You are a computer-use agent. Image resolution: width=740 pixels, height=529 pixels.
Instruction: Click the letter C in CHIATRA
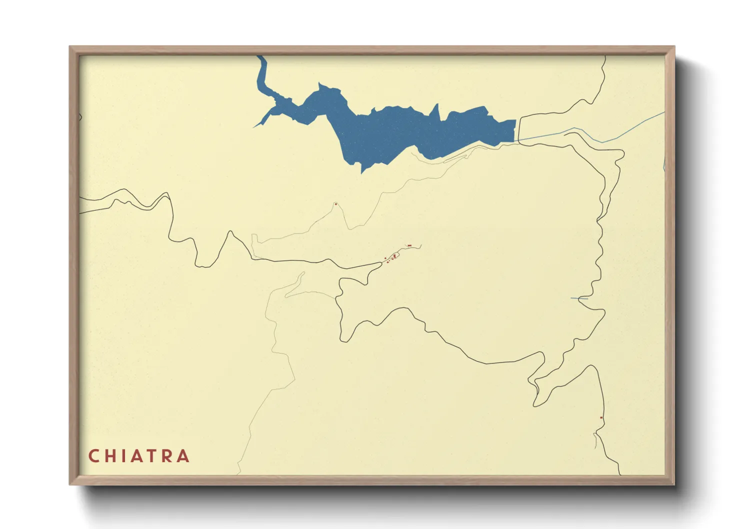point(93,456)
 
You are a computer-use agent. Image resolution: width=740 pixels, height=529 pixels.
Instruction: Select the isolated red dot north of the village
point(336,203)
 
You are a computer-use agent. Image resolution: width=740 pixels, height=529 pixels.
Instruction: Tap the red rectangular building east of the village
point(409,245)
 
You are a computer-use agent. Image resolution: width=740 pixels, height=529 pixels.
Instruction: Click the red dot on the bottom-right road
point(601,417)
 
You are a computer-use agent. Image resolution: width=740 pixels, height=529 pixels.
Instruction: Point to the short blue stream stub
point(579,298)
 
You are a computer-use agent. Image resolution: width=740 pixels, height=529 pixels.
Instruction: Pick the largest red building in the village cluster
point(394,256)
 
